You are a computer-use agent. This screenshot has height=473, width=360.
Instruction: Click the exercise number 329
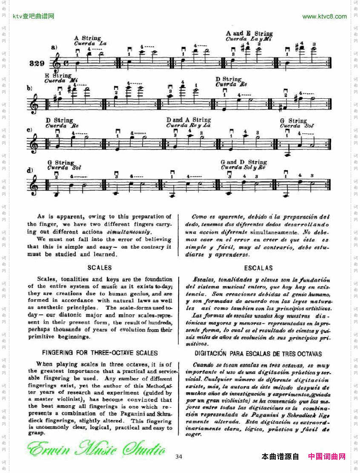[37, 63]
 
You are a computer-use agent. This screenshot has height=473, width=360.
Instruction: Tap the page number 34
[179, 457]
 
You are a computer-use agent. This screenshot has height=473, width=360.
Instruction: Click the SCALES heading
[100, 268]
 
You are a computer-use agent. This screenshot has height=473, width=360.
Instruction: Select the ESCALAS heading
[259, 268]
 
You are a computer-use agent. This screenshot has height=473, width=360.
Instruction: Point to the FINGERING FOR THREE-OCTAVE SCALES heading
[100, 353]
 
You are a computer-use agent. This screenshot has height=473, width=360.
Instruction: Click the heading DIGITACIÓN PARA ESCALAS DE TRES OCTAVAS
[258, 354]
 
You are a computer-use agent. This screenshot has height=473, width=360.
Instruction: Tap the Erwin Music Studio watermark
[96, 449]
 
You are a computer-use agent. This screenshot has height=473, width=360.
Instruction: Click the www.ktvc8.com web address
[324, 17]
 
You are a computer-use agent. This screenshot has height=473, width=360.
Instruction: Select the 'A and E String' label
[249, 33]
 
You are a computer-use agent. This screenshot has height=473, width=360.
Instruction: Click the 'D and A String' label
[189, 120]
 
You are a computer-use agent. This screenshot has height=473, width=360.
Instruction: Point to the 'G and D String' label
[244, 162]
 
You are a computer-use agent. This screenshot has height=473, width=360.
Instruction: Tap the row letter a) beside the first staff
[54, 47]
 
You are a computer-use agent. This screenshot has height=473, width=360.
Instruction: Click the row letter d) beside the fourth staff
[30, 170]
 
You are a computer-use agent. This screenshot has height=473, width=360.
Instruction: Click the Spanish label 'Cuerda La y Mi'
[249, 39]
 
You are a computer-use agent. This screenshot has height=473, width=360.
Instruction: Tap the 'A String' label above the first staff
[87, 38]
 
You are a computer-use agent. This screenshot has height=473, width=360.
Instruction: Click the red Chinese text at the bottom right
[326, 457]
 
